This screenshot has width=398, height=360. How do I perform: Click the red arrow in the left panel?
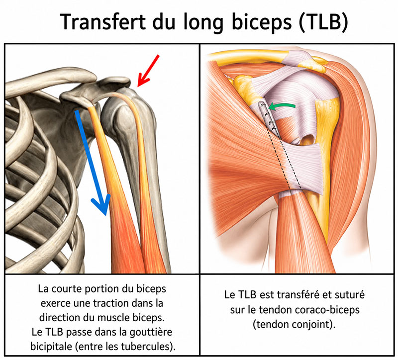(148, 71)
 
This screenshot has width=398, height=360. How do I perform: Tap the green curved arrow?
(282, 106)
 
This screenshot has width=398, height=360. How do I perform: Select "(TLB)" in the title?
(323, 22)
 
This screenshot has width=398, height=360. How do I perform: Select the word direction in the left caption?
(58, 318)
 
